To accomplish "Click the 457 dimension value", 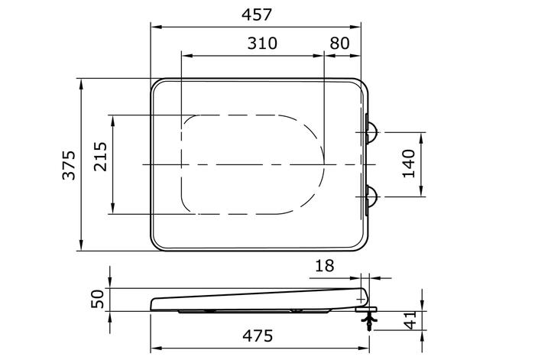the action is coord(257,15).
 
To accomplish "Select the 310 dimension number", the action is coord(262,44).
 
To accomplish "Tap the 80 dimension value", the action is coord(340,44).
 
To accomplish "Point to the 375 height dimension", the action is coord(69,165).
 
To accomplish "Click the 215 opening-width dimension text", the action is coord(100,156).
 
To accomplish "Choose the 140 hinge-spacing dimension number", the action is coord(409,164).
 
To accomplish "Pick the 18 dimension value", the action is coord(325,265).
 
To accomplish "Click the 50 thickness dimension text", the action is coord(97,299).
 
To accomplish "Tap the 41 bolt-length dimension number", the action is coord(410,320).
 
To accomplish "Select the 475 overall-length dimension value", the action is coord(258,336).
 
